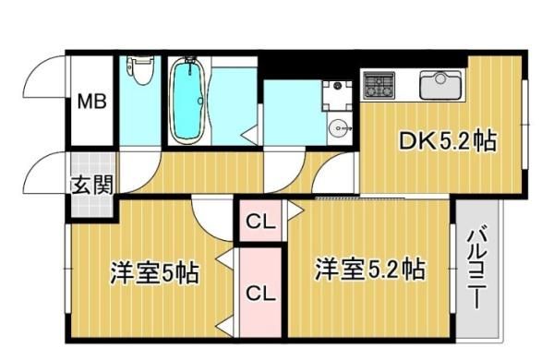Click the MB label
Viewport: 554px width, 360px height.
(91, 102)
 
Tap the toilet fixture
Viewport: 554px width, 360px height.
(140, 70)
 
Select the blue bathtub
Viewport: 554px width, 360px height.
(187, 101)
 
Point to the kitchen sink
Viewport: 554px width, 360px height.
(440, 85)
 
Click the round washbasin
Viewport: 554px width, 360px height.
(340, 128)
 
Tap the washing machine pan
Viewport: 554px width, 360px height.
(337, 95)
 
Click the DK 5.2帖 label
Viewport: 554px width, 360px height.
(448, 140)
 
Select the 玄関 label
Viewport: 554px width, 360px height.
(92, 185)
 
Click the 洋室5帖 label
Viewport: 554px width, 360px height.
(154, 272)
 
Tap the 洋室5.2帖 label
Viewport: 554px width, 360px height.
(370, 270)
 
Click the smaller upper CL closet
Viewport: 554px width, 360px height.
(260, 222)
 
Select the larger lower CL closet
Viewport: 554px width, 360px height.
(260, 293)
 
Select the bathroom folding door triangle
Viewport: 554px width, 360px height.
(249, 136)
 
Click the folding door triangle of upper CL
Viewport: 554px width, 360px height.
(295, 210)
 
